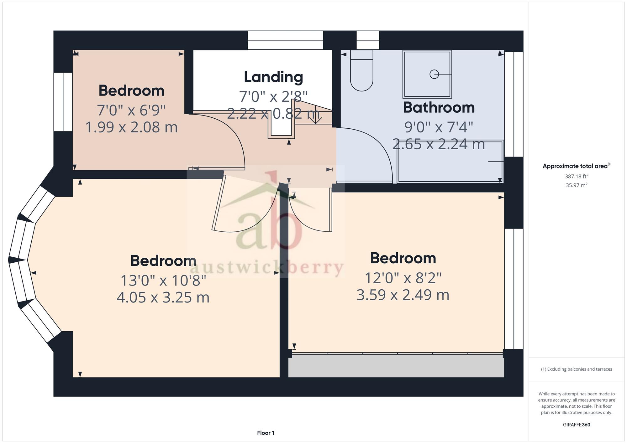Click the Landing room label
pos(273,77)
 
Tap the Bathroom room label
pos(439,107)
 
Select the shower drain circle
pos(434,74)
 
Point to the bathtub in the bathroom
pos(450,161)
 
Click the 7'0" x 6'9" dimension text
pos(131,110)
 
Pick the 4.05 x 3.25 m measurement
pos(163,297)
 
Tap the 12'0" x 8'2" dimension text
pos(403,278)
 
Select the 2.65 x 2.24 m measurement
pos(439,144)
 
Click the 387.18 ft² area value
pos(576,176)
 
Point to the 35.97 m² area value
pos(576,185)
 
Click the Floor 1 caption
pos(266,433)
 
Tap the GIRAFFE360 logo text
pos(576,425)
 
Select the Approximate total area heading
pos(576,166)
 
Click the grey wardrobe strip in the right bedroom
pos(396,366)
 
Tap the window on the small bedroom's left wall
pos(63,102)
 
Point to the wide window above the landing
pos(285,40)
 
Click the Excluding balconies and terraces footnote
pos(576,369)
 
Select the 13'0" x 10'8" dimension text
pos(163,280)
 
